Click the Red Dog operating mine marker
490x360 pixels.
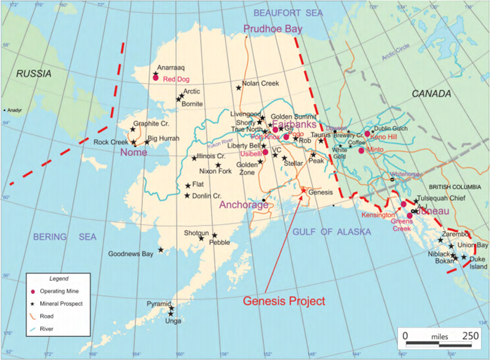(155, 78)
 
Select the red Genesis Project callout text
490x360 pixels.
(284, 300)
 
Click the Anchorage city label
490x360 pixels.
(244, 205)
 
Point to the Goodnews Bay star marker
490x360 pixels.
(161, 250)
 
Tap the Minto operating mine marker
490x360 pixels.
(361, 150)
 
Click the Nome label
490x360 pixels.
(134, 153)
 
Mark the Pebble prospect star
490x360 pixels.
(214, 236)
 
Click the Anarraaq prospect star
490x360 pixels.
(155, 73)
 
